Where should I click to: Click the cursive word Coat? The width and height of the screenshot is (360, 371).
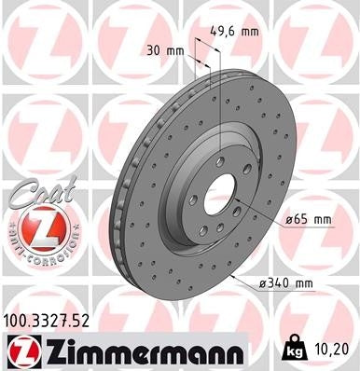click(35, 191)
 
